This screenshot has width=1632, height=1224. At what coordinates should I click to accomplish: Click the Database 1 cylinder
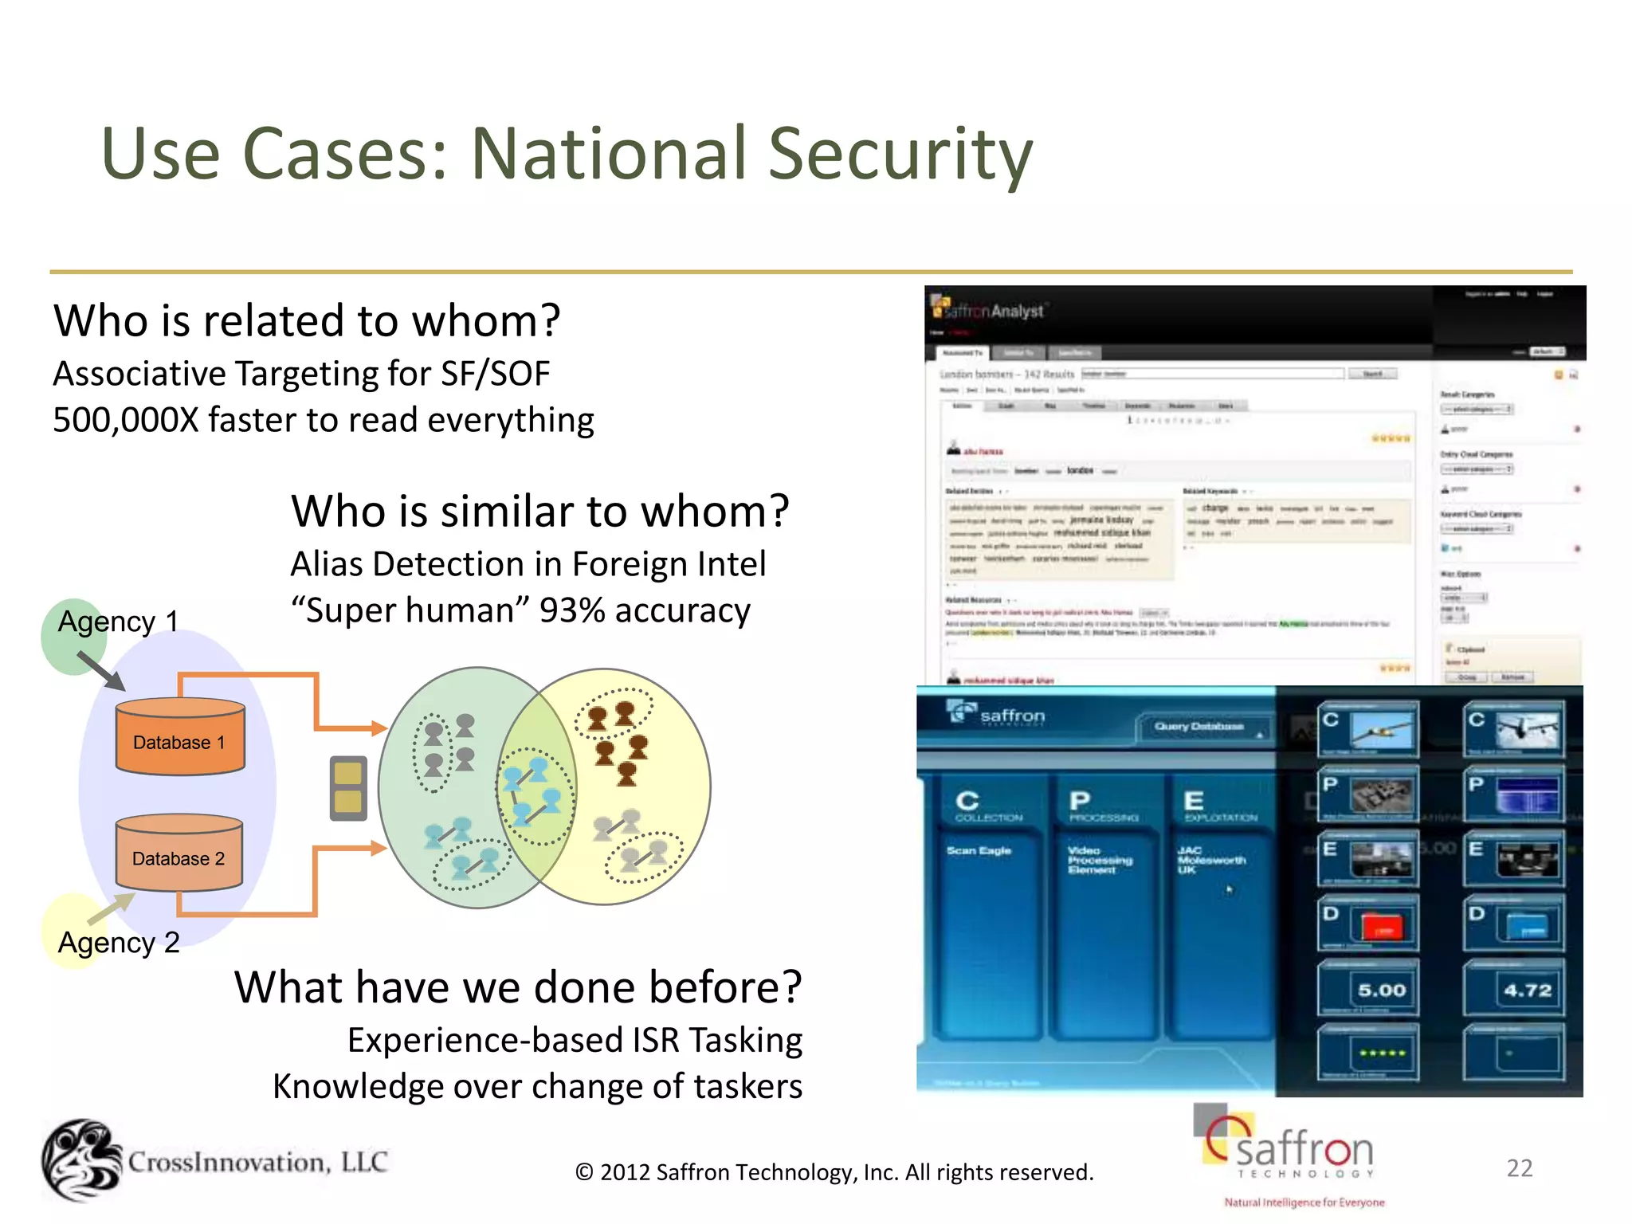tap(180, 736)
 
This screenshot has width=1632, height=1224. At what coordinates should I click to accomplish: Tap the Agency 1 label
tap(118, 622)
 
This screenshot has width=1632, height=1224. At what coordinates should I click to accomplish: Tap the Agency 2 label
tap(119, 943)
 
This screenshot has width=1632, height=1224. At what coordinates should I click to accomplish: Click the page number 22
tap(1519, 1168)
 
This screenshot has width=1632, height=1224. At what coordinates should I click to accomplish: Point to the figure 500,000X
tap(125, 420)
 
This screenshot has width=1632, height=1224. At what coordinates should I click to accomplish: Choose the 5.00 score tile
tap(1369, 989)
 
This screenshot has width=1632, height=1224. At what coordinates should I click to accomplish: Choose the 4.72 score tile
tap(1514, 989)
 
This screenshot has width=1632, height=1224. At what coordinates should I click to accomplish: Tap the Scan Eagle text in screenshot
tap(979, 851)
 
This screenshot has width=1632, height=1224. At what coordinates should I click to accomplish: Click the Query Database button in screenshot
tap(1199, 727)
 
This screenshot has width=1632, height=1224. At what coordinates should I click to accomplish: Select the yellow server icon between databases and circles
tap(348, 788)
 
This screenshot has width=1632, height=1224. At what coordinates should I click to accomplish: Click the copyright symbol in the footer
tap(584, 1172)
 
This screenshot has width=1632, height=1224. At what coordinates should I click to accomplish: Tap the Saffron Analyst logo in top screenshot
tap(988, 311)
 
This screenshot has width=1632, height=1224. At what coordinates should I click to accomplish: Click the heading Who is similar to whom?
tap(539, 511)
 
